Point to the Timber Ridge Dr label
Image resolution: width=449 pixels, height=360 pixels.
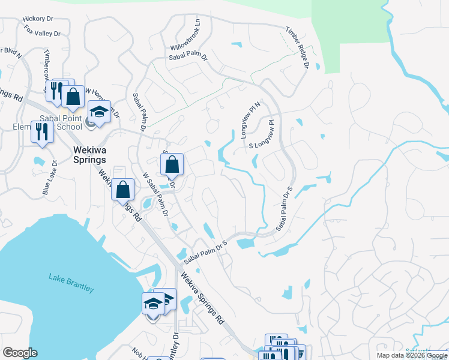[x=297, y=47]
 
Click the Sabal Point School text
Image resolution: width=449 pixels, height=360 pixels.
[x=61, y=122]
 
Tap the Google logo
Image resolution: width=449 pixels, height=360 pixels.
[x=20, y=353]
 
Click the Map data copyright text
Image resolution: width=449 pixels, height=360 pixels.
[x=412, y=355]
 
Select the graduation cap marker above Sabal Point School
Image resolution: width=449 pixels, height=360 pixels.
[x=100, y=112]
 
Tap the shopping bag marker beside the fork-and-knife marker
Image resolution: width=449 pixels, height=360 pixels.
[x=73, y=96]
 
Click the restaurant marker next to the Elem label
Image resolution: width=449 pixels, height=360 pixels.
[x=41, y=131]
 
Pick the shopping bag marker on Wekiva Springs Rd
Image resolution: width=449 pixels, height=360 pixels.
[x=122, y=190]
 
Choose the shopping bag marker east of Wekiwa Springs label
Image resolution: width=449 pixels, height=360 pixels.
[x=172, y=164]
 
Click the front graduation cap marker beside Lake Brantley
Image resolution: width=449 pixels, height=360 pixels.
[x=153, y=304]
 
